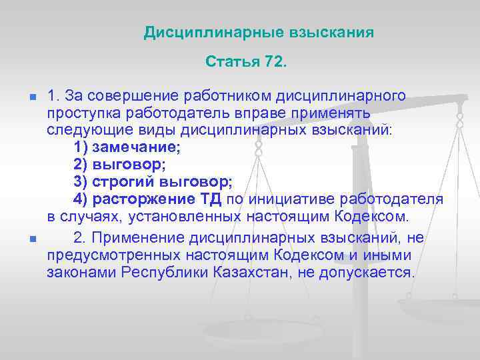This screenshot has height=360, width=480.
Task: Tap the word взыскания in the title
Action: pyautogui.click(x=331, y=32)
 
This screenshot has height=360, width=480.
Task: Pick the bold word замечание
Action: pyautogui.click(x=137, y=147)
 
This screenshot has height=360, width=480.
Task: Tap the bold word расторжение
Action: pyautogui.click(x=141, y=199)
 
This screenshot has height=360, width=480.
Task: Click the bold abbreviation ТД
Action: pyautogui.click(x=211, y=199)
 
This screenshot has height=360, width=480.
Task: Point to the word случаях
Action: pyautogui.click(x=83, y=217)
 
